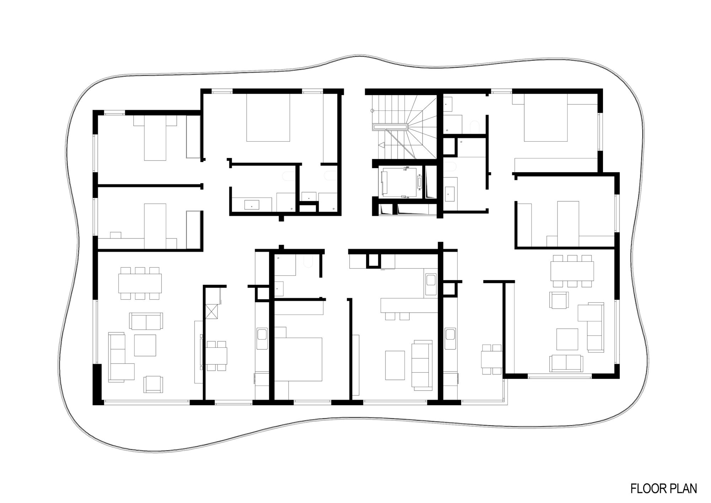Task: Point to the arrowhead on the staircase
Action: pyautogui.click(x=382, y=145)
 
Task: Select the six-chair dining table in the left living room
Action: pyautogui.click(x=140, y=283)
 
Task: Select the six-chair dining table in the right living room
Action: pyautogui.click(x=572, y=271)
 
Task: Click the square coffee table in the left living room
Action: pyautogui.click(x=145, y=345)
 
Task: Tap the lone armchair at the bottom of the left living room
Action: pyautogui.click(x=153, y=384)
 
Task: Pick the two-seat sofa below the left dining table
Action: pyautogui.click(x=146, y=321)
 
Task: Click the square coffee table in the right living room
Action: pyautogui.click(x=567, y=339)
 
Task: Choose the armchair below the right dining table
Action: pyautogui.click(x=560, y=300)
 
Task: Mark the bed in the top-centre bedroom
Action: pyautogui.click(x=268, y=118)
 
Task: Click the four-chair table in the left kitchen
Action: pyautogui.click(x=216, y=356)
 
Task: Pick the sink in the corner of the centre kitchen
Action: pyautogui.click(x=431, y=279)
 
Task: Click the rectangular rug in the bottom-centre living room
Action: pyautogui.click(x=395, y=365)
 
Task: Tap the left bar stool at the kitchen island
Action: pyautogui.click(x=390, y=316)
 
